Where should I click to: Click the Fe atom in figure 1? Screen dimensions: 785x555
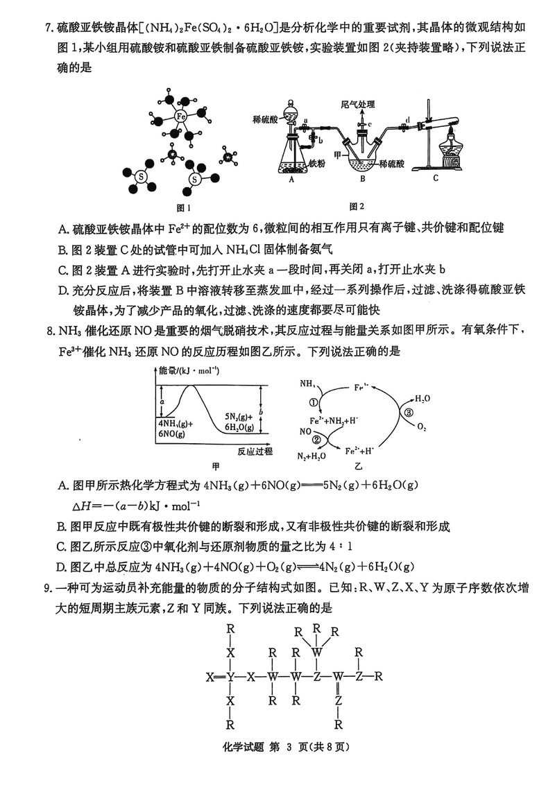point(180,117)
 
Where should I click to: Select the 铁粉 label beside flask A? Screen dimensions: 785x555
point(318,164)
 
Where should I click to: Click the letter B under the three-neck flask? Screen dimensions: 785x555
point(362,178)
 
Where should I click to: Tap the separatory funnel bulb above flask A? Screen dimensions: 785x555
point(291,109)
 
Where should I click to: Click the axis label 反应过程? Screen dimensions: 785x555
point(255,451)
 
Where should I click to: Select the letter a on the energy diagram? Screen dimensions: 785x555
point(162,401)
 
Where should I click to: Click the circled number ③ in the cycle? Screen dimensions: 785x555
point(409,412)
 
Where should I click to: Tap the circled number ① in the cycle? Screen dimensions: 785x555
point(313,402)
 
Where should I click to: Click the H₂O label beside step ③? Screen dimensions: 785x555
point(422,399)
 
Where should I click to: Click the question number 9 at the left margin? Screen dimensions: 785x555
point(48,589)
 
